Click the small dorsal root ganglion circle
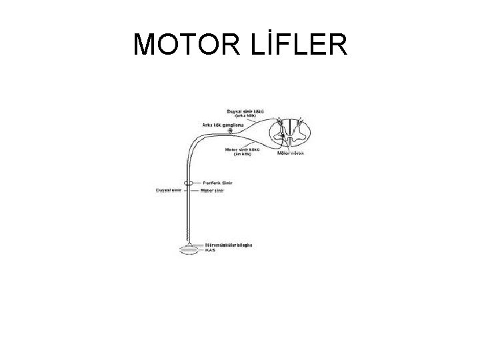pos(231,131)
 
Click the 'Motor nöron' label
pos(291,153)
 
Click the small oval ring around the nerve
pos(190,183)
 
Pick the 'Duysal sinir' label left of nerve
pos(168,190)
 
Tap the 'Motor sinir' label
pos(213,190)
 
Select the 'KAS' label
pos(210,251)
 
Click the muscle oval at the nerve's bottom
pos(189,250)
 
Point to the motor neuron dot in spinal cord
pos(283,136)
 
